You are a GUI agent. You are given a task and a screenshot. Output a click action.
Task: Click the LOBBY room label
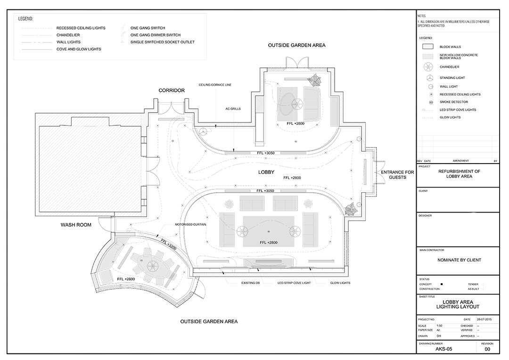click(266, 172)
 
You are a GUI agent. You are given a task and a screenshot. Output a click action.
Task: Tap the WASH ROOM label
click(76, 225)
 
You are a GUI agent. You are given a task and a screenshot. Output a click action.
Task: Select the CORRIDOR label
click(172, 90)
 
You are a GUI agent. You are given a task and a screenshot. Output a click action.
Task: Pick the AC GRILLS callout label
click(233, 108)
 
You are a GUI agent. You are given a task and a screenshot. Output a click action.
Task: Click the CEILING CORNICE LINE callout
click(215, 85)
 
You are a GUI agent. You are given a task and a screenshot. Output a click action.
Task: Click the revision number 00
click(487, 350)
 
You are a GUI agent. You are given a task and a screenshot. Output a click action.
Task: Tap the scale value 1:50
click(439, 326)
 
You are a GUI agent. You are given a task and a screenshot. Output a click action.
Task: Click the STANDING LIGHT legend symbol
click(431, 78)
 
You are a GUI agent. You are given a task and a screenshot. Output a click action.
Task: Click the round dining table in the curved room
click(153, 264)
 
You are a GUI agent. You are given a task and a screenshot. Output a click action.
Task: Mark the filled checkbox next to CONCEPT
click(441, 285)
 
